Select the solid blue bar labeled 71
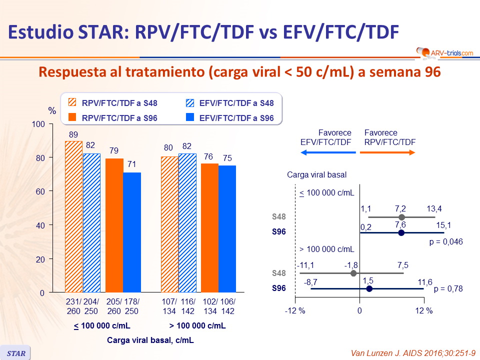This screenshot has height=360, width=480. pyautogui.click(x=132, y=232)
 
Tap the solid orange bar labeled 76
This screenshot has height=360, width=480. pyautogui.click(x=209, y=227)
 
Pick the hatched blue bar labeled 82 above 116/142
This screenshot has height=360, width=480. pyautogui.click(x=186, y=222)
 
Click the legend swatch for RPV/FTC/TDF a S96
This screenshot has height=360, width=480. pyautogui.click(x=72, y=118)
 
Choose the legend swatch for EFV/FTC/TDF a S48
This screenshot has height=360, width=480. pyautogui.click(x=189, y=103)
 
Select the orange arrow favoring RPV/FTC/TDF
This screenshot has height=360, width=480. pyautogui.click(x=387, y=152)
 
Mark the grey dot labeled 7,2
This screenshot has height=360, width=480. pyautogui.click(x=401, y=217)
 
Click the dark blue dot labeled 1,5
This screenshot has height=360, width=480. pyautogui.click(x=369, y=288)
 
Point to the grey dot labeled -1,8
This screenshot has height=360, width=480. pyautogui.click(x=353, y=273)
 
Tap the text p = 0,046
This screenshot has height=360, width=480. pyautogui.click(x=446, y=241)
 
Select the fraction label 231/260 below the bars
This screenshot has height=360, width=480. pyautogui.click(x=73, y=306)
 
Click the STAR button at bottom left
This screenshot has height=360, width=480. pyautogui.click(x=15, y=352)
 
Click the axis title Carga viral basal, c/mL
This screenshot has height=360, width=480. pyautogui.click(x=150, y=340)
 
